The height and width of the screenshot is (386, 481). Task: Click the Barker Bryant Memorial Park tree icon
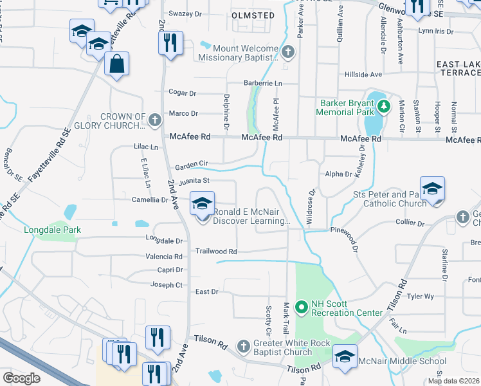pyautogui.click(x=384, y=105)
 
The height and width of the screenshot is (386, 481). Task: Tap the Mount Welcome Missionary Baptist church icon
pyautogui.click(x=288, y=52)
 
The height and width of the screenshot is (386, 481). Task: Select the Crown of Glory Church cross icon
pyautogui.click(x=154, y=120)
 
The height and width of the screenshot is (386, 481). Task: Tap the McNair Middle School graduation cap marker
pyautogui.click(x=345, y=358)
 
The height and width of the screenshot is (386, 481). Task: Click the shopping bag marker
pyautogui.click(x=116, y=64)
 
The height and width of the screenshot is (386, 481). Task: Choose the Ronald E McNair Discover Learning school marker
pyautogui.click(x=202, y=205)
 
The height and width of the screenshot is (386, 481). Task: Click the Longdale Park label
pyautogui.click(x=51, y=230)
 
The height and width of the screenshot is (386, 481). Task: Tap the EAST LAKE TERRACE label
pyautogui.click(x=458, y=69)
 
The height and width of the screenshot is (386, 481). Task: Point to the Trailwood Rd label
pyautogui.click(x=217, y=252)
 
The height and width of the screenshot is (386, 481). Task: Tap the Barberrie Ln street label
pyautogui.click(x=262, y=84)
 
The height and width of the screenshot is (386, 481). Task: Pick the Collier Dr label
pyautogui.click(x=412, y=223)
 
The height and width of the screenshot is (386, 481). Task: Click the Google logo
pyautogui.click(x=21, y=378)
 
